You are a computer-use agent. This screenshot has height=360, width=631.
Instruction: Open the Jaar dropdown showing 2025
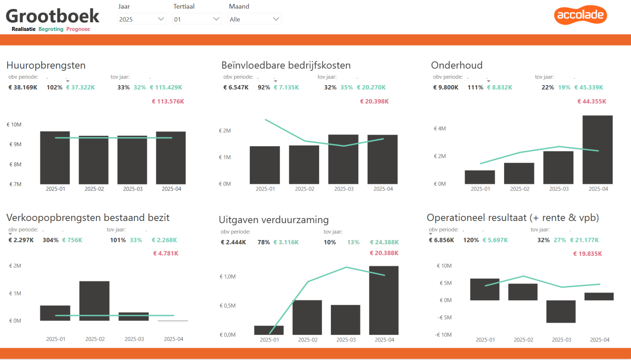[x=141, y=19]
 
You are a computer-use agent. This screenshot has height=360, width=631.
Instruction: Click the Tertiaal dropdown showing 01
[x=197, y=19]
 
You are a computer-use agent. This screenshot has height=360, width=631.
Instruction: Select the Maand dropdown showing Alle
[x=254, y=19]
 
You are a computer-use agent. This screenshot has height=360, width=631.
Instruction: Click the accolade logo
[x=580, y=15]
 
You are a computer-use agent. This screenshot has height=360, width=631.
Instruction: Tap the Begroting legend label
[x=51, y=29]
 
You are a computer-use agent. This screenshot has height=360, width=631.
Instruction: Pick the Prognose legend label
[x=78, y=29]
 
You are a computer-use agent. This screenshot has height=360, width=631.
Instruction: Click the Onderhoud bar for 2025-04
[x=597, y=150]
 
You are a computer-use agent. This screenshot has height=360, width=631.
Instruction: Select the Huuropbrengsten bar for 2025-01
[x=55, y=158]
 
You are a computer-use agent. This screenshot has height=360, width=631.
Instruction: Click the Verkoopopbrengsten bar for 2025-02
[x=94, y=301]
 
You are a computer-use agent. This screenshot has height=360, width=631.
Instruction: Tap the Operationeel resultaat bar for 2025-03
[x=561, y=311]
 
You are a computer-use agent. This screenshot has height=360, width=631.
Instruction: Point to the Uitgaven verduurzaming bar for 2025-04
[x=384, y=300]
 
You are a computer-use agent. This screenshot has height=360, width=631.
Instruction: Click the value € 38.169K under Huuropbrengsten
[x=23, y=87]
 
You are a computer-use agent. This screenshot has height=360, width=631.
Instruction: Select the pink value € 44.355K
[x=592, y=101]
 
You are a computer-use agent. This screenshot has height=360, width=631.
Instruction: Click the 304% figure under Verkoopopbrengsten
[x=51, y=240]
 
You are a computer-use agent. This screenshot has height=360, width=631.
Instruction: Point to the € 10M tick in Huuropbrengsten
[x=14, y=125]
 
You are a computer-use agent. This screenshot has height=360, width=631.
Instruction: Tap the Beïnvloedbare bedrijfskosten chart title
[x=286, y=65]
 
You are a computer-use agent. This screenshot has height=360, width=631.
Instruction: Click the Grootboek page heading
[x=53, y=16]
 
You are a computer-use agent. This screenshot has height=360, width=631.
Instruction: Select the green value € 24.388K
[x=385, y=242]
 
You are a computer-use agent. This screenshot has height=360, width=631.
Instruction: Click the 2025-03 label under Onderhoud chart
[x=559, y=189]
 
